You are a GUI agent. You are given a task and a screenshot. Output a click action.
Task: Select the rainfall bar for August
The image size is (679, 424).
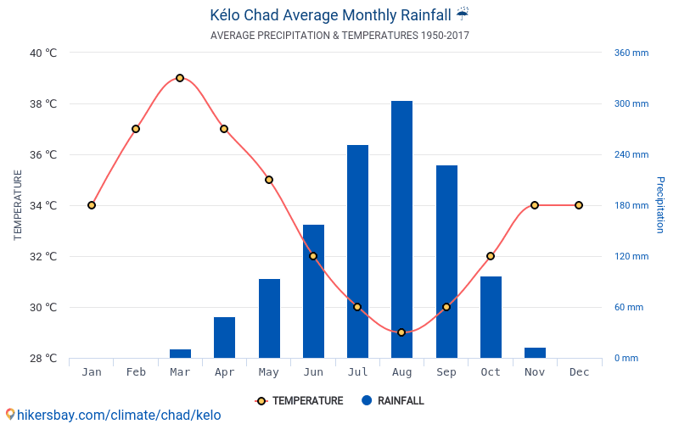[401, 229]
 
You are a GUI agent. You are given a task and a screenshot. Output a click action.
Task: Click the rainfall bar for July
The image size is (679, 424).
[357, 251]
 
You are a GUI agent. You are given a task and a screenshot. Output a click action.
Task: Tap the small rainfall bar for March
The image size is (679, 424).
[180, 353]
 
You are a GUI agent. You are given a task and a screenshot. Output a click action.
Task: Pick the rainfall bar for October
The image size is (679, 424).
[491, 316]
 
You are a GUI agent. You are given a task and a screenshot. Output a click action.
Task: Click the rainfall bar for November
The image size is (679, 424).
[535, 352]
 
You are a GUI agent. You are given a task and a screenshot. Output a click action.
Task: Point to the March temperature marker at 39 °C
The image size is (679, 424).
[180, 78]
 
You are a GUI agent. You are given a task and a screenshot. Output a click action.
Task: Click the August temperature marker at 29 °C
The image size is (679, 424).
[401, 332]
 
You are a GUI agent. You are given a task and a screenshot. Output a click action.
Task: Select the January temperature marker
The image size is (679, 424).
[92, 205]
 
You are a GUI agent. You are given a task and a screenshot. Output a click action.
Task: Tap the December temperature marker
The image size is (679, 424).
[579, 205]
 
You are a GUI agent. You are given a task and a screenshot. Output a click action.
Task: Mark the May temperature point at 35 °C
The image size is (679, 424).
[268, 180]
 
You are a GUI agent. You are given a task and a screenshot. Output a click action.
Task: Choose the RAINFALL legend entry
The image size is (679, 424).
[392, 401]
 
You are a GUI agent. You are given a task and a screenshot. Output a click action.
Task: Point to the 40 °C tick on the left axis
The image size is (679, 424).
[43, 53]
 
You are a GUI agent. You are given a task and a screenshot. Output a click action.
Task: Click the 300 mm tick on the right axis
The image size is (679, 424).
[631, 103]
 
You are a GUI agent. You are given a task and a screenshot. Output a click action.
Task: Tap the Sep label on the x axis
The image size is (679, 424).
[446, 372]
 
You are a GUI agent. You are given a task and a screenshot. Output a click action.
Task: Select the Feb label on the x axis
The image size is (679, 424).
[136, 372]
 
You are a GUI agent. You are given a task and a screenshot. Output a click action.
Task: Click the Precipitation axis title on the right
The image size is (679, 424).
[659, 205]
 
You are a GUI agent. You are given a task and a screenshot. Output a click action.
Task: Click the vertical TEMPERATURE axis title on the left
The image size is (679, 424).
[18, 205]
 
